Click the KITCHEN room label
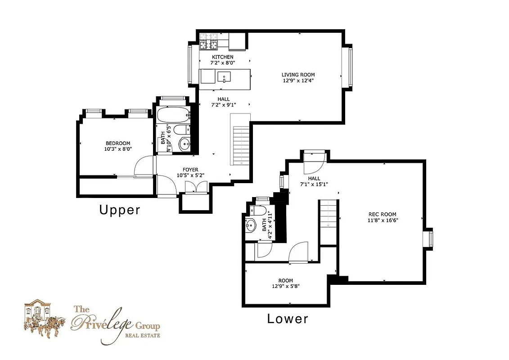tap(223, 57)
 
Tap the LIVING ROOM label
tap(298, 75)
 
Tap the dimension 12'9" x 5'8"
tap(285, 286)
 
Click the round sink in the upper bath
tap(185, 144)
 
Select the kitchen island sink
tap(224, 77)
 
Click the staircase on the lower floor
tap(328, 220)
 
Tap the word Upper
tap(120, 210)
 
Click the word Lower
tap(288, 319)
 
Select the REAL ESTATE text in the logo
tap(142, 335)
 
